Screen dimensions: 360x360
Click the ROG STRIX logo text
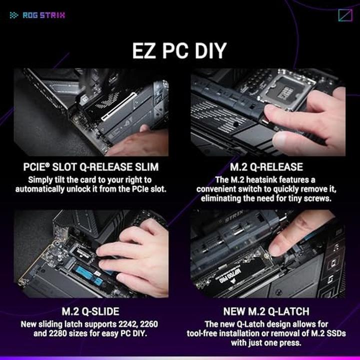tap(43, 15)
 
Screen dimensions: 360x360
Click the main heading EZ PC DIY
tap(179, 50)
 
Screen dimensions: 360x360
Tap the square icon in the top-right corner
tap(345, 15)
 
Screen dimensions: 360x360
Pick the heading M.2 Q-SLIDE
tap(90, 311)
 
